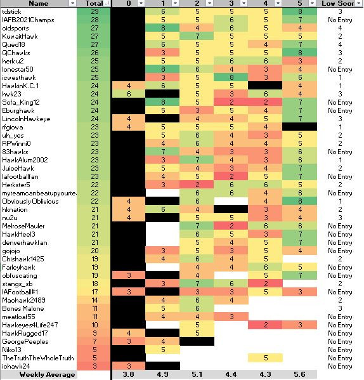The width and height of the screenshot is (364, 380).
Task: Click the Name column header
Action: point(38,3)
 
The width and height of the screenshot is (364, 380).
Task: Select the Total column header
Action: point(94,3)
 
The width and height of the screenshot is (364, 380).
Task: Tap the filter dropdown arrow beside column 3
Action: point(244,3)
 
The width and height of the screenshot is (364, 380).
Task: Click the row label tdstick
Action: point(11,11)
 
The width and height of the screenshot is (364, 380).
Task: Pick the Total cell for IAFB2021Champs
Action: point(94,20)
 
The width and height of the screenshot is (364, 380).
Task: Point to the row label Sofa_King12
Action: point(21,102)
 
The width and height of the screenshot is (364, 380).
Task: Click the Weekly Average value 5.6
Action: point(299,374)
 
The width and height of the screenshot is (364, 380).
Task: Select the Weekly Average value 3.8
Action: point(128,374)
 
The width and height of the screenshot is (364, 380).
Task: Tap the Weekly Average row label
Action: point(47,375)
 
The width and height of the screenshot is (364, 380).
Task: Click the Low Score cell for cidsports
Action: point(340,28)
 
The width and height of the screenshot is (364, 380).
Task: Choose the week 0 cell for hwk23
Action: point(129,94)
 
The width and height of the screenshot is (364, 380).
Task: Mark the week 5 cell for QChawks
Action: point(300,53)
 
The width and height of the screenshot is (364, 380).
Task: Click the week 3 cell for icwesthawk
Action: point(231,77)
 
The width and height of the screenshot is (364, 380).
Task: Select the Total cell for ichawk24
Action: point(94,366)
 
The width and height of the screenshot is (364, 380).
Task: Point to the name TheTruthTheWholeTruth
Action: point(38,358)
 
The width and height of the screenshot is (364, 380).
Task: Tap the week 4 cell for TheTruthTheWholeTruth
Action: point(266,358)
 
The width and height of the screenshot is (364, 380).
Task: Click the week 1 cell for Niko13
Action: point(163,350)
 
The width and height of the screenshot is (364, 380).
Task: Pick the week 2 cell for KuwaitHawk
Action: point(197,36)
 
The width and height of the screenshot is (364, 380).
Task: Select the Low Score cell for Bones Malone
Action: point(340,308)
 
